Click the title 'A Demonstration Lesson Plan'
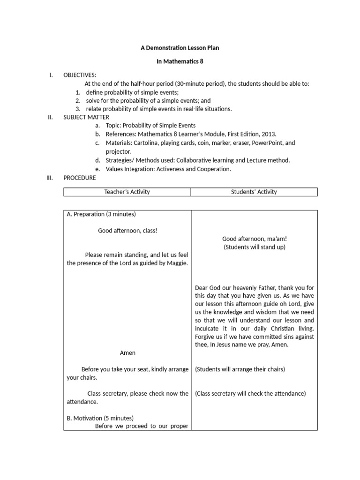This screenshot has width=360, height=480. (x=180, y=48)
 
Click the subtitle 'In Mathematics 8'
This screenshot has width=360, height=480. (x=180, y=61)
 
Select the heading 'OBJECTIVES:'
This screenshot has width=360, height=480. (x=80, y=75)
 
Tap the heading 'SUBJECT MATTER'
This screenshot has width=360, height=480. (x=86, y=117)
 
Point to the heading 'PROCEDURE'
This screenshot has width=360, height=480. (x=80, y=178)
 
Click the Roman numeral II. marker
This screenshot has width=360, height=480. (x=50, y=117)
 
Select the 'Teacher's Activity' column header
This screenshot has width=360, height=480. (x=127, y=192)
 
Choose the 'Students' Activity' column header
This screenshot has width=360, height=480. (x=254, y=192)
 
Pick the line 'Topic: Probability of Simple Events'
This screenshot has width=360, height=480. (x=150, y=126)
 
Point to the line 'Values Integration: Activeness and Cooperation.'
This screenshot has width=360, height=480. (x=168, y=169)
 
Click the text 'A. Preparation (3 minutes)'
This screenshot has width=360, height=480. (x=101, y=214)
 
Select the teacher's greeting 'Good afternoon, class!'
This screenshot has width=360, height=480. (x=127, y=231)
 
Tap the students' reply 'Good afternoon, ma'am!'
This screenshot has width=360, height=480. (x=254, y=239)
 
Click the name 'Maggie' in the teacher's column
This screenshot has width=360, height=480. (x=178, y=263)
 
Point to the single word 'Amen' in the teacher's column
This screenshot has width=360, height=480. (x=127, y=352)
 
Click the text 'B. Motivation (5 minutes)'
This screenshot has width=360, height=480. (x=100, y=418)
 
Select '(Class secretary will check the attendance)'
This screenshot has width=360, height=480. (x=250, y=394)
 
